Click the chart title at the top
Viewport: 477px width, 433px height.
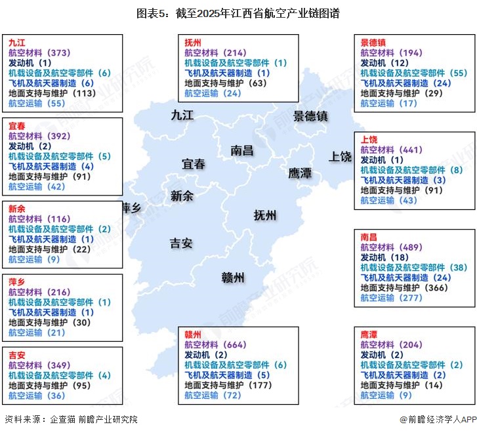pyautogui.click(x=238, y=13)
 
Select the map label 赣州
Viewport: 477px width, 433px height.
pyautogui.click(x=233, y=278)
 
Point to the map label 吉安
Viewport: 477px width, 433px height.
pyautogui.click(x=181, y=243)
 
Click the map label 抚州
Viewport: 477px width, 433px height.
pyautogui.click(x=265, y=215)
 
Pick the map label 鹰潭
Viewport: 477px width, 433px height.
pyautogui.click(x=300, y=173)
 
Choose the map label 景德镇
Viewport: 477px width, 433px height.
pyautogui.click(x=310, y=116)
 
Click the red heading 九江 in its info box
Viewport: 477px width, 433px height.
pyautogui.click(x=17, y=42)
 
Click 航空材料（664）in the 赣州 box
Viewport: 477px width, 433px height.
pyautogui.click(x=215, y=344)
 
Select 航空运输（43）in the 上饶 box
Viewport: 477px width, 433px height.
pyautogui.click(x=389, y=200)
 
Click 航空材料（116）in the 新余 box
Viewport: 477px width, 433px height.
pyautogui.click(x=39, y=218)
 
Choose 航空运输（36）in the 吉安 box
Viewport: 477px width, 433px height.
pyautogui.click(x=37, y=395)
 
